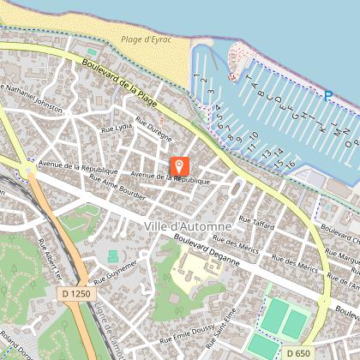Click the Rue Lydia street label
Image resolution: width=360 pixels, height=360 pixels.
click(x=117, y=126)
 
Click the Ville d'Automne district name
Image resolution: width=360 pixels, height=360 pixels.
click(x=188, y=225)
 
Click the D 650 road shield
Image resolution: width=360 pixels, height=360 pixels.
click(x=298, y=352)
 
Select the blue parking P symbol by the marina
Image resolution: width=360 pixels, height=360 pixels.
click(x=327, y=94)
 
